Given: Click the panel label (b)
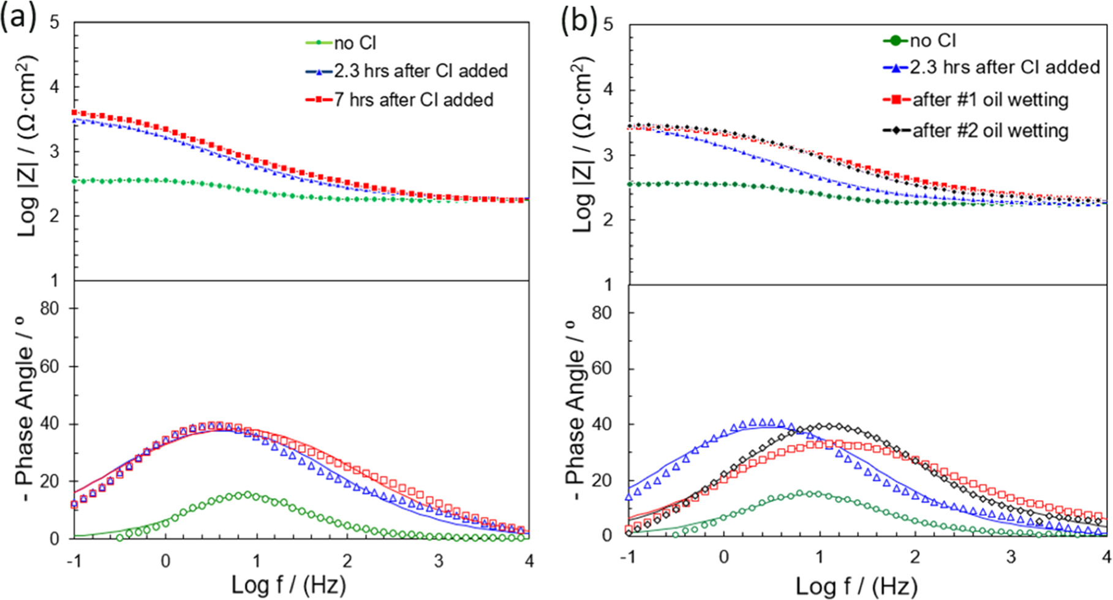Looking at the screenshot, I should pyautogui.click(x=578, y=20).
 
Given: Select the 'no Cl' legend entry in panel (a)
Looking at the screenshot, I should pyautogui.click(x=355, y=43).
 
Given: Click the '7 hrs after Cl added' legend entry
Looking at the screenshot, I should pyautogui.click(x=413, y=99).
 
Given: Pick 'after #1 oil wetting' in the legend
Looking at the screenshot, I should pyautogui.click(x=990, y=99).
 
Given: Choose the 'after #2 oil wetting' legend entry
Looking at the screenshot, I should pyautogui.click(x=990, y=131).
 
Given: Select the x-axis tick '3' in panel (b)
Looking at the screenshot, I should pyautogui.click(x=1011, y=557).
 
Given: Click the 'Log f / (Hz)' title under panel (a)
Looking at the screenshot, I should pyautogui.click(x=289, y=585).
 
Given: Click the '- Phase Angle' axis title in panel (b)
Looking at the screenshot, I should pyautogui.click(x=576, y=408).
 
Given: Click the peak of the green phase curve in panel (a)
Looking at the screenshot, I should pyautogui.click(x=247, y=494).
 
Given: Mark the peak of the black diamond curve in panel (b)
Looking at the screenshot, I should pyautogui.click(x=830, y=426).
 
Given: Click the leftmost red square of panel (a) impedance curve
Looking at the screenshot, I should pyautogui.click(x=75, y=113).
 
